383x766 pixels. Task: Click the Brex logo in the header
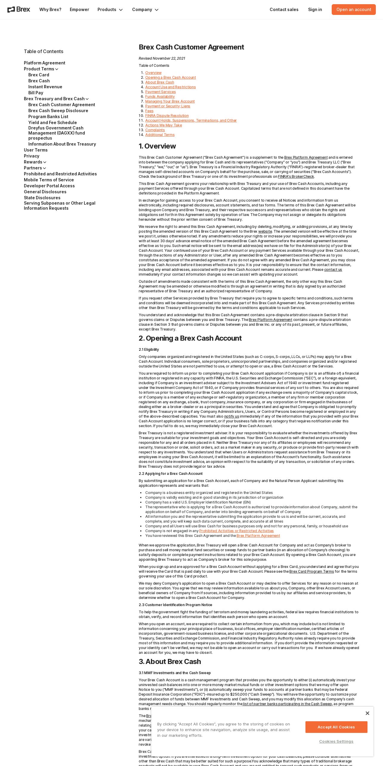(x=19, y=10)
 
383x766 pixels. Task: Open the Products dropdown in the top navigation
(x=110, y=10)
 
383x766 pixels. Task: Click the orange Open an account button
(x=353, y=10)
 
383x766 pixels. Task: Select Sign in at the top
(x=315, y=10)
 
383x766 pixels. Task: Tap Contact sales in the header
(x=284, y=10)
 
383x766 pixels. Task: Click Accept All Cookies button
(x=336, y=727)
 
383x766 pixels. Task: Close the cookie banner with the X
(x=367, y=713)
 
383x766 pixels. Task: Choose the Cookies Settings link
(x=336, y=741)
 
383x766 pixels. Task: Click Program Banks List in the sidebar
(x=48, y=117)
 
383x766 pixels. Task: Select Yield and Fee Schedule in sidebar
(x=52, y=123)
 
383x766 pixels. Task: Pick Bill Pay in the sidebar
(x=36, y=93)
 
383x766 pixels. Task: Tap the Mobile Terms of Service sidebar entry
(x=49, y=180)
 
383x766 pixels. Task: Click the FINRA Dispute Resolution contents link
(x=167, y=116)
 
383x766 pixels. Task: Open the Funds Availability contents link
(x=160, y=97)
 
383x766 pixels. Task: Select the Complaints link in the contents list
(x=155, y=130)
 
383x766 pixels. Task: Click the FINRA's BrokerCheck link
(x=296, y=177)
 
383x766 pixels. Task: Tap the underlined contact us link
(x=333, y=270)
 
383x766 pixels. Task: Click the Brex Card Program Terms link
(x=311, y=572)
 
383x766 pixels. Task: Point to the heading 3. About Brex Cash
(x=170, y=662)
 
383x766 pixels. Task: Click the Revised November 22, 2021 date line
(x=162, y=58)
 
